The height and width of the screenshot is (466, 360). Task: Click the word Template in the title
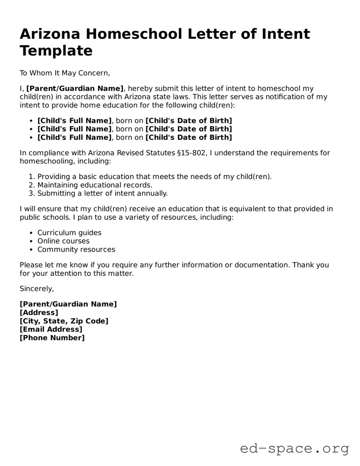(x=56, y=51)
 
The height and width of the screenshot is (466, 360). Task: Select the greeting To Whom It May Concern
(x=64, y=73)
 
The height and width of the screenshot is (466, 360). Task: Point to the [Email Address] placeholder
(x=51, y=329)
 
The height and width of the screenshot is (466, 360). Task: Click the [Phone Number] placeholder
(x=52, y=338)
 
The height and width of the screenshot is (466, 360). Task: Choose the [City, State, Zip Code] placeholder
(x=64, y=321)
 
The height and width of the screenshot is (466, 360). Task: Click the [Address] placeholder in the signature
(x=39, y=312)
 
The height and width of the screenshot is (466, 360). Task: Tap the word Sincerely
(x=37, y=288)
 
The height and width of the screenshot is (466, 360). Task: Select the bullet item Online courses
(x=64, y=241)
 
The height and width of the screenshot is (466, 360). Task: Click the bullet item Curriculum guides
(x=70, y=233)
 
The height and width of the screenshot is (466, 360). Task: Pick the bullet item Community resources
(x=76, y=250)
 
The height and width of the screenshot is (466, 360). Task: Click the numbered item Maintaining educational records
(x=95, y=185)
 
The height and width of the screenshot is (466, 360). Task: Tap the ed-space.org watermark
(x=294, y=449)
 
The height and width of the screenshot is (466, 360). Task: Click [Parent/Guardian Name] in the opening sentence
(x=75, y=88)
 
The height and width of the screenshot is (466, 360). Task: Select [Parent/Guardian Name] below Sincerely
(x=68, y=304)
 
